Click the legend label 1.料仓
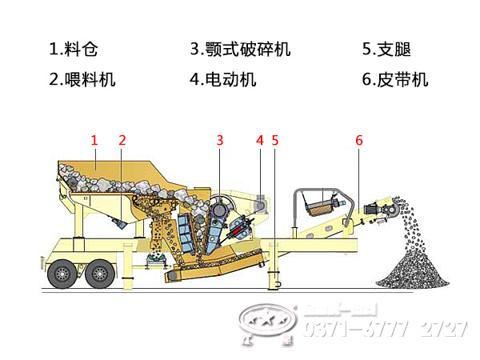tap(75, 50)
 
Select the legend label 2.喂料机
tap(82, 79)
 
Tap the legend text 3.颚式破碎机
tap(240, 50)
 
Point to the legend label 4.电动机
tap(223, 79)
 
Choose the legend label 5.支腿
tap(386, 50)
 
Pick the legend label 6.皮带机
tap(394, 79)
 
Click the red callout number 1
tap(94, 141)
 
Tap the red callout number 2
tap(122, 141)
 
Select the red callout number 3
tap(219, 141)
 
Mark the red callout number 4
tap(259, 141)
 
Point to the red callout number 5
tap(275, 141)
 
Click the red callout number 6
tap(358, 141)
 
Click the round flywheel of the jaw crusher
tap(221, 206)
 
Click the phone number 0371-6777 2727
tap(384, 329)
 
